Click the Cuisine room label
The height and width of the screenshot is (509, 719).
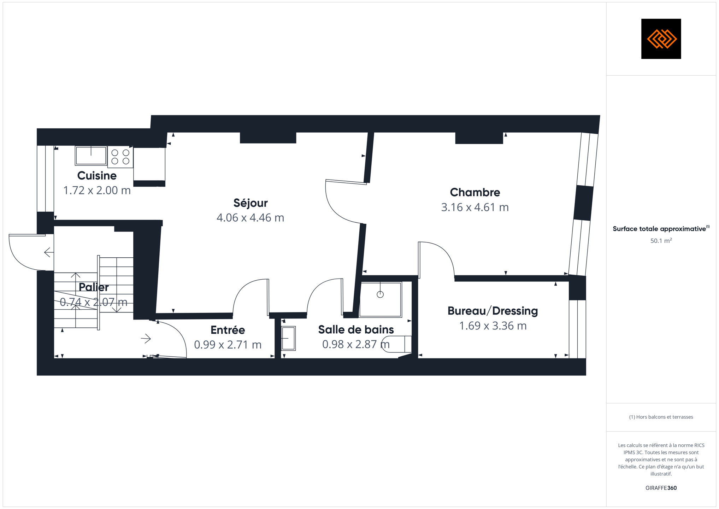(x=97, y=175)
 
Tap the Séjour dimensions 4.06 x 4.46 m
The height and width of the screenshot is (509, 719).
(x=250, y=217)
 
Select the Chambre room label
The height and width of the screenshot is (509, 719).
(x=475, y=192)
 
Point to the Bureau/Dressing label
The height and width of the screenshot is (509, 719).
(x=493, y=311)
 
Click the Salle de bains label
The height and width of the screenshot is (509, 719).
(x=356, y=329)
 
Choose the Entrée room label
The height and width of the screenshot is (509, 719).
(x=228, y=330)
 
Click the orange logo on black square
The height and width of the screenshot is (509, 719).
(x=661, y=39)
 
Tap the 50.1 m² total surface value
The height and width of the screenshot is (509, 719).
(x=661, y=241)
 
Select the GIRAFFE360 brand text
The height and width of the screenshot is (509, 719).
(x=661, y=488)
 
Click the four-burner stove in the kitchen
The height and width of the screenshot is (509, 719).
(x=120, y=157)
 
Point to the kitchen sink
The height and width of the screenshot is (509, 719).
(x=91, y=156)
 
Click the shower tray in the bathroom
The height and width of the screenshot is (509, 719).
(x=381, y=299)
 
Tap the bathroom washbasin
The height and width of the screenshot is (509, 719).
(x=288, y=338)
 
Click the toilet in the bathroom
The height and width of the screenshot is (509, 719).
(x=397, y=344)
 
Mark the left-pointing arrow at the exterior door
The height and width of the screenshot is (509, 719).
(x=49, y=252)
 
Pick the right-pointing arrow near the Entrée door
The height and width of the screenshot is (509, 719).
(x=146, y=339)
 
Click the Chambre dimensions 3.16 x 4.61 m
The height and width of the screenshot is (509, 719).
(x=475, y=207)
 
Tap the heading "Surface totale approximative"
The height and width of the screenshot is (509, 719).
(x=659, y=229)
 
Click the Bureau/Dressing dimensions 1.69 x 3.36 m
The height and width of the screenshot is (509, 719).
(x=493, y=326)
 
